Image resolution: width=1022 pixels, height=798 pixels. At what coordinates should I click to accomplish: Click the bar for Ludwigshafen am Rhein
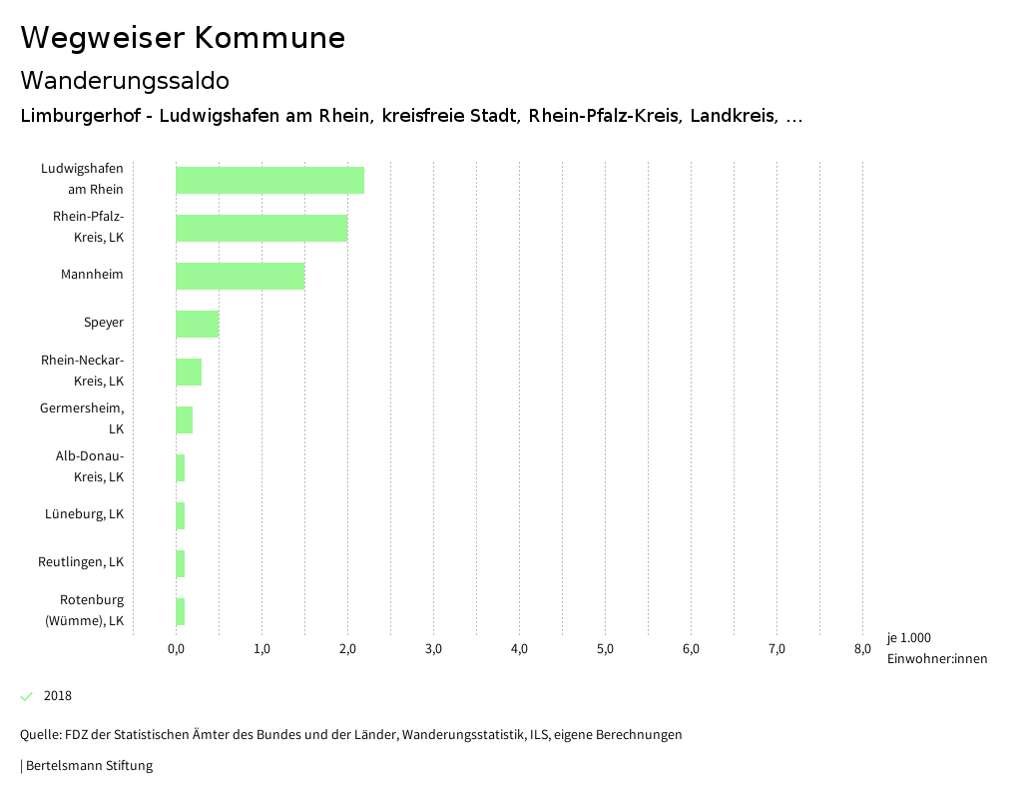tap(269, 180)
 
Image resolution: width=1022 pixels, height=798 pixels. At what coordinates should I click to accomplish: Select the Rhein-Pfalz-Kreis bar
tap(261, 228)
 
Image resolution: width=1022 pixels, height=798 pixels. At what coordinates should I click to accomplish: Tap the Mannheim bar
tap(240, 276)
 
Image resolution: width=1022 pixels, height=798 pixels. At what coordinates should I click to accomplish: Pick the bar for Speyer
tap(197, 324)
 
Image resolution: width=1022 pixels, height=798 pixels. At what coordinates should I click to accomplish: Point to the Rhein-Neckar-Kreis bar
tap(189, 372)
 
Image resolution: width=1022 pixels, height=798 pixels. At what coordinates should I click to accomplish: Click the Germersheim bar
tap(184, 419)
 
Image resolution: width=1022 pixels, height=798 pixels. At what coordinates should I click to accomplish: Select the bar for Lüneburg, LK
tap(181, 515)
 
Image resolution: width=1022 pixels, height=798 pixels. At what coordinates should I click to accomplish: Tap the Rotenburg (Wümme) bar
tap(181, 611)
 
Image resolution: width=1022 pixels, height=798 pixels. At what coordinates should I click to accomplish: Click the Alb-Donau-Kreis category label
tap(90, 466)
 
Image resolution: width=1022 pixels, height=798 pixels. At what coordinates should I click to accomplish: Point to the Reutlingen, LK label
tap(81, 562)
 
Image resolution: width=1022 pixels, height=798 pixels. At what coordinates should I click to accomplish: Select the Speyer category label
tap(104, 323)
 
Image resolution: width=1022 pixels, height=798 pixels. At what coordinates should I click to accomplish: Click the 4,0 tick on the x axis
tap(519, 649)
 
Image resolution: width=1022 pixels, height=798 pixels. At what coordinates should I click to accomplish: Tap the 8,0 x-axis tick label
tap(862, 649)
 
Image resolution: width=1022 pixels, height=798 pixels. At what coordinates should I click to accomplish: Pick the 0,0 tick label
tap(176, 649)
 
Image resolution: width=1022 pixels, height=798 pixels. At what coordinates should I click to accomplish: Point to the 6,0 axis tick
tap(691, 649)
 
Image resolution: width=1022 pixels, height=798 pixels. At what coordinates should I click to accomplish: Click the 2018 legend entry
tap(57, 696)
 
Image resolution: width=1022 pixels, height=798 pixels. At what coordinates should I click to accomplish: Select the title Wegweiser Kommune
tap(183, 38)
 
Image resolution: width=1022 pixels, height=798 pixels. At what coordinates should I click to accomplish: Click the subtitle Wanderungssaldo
tap(125, 80)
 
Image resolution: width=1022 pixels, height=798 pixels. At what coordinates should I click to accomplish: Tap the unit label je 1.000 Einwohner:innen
tap(936, 648)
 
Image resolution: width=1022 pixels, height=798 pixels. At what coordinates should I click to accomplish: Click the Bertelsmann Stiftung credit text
tap(87, 766)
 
